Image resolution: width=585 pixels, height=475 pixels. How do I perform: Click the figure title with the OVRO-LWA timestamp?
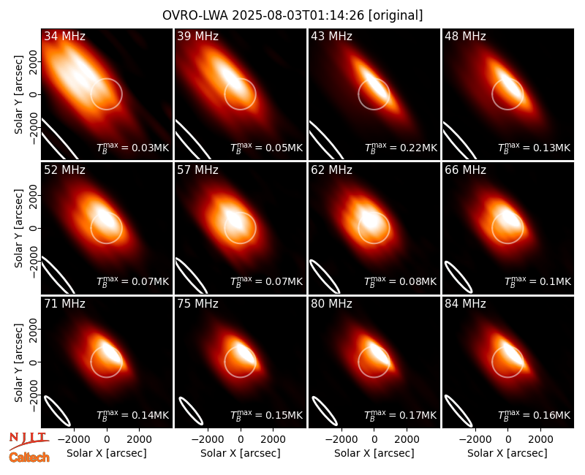pos(292,15)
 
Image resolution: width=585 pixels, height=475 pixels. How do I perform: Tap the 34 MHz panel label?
pos(64,36)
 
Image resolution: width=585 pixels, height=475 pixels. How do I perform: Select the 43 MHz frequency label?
pos(332,36)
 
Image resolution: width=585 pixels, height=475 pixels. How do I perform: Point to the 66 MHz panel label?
pos(465,170)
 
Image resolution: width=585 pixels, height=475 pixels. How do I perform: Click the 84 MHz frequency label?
pos(465,304)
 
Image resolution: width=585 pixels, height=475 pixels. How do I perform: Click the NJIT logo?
pos(29,441)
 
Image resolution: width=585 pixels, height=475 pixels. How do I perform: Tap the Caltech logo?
pos(29,457)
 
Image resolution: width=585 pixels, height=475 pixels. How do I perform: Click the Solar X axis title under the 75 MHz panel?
pos(241,453)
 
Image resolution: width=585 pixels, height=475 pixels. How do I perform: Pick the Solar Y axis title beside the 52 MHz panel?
pos(18,228)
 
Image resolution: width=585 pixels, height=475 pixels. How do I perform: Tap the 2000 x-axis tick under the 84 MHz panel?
pos(540,439)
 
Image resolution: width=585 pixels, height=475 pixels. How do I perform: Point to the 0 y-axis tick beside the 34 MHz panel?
pos(34,94)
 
